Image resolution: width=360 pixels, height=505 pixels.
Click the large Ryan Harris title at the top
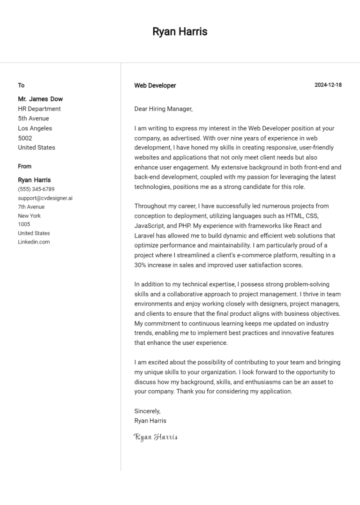pyautogui.click(x=180, y=32)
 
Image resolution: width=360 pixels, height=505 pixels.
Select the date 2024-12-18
pyautogui.click(x=328, y=85)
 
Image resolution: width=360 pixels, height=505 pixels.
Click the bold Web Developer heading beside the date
pyautogui.click(x=155, y=85)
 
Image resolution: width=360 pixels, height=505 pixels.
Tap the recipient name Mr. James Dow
pyautogui.click(x=40, y=99)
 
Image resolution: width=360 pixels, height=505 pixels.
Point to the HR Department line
pyautogui.click(x=39, y=109)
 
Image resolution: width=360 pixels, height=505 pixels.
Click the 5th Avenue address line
pyautogui.click(x=33, y=119)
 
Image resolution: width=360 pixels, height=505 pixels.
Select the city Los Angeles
pyautogui.click(x=35, y=128)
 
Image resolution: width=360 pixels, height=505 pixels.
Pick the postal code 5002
pyautogui.click(x=25, y=138)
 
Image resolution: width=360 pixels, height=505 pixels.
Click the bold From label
pyautogui.click(x=25, y=166)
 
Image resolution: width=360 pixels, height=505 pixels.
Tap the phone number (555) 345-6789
pyautogui.click(x=36, y=189)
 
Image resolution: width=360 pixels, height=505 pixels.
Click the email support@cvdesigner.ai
pyautogui.click(x=45, y=198)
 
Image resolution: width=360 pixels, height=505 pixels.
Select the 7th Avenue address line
pyautogui.click(x=31, y=207)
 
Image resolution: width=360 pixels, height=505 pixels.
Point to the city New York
pyautogui.click(x=30, y=215)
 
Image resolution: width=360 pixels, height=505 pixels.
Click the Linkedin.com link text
pyautogui.click(x=34, y=242)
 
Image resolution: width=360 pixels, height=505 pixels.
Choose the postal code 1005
pyautogui.click(x=24, y=224)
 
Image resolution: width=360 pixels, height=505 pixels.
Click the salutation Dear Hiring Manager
pyautogui.click(x=163, y=109)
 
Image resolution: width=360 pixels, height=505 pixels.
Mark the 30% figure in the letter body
pyautogui.click(x=141, y=265)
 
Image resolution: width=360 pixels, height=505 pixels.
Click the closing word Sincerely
pyautogui.click(x=147, y=411)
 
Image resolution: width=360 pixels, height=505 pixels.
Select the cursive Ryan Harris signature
pyautogui.click(x=156, y=437)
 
